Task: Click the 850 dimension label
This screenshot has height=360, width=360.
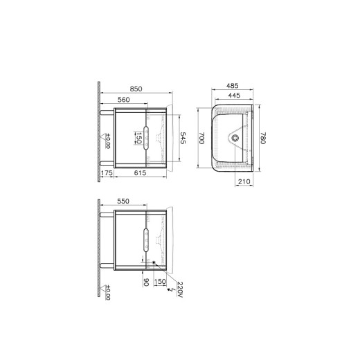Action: tap(136, 89)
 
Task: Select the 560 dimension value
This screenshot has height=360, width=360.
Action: tap(124, 100)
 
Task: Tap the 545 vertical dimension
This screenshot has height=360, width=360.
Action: tap(183, 138)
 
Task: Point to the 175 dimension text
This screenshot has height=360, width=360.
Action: tap(107, 173)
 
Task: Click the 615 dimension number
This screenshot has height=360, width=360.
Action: tap(140, 173)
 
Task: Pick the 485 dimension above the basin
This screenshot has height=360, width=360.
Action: tap(232, 86)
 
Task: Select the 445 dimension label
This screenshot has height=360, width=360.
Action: tap(234, 96)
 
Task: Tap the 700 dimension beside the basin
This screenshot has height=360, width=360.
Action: tap(201, 138)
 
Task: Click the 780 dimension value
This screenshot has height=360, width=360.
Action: tap(263, 138)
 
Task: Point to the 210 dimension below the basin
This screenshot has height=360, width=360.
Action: tap(244, 182)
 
